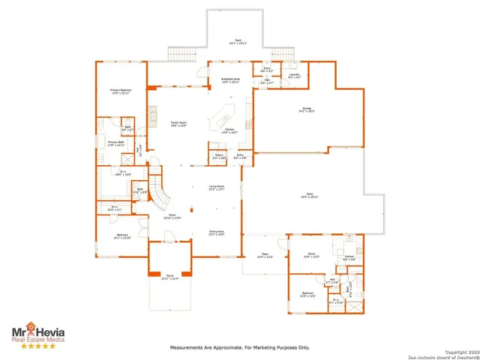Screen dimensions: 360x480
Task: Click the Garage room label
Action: tap(305, 110)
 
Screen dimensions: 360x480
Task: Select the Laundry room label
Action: tap(295, 75)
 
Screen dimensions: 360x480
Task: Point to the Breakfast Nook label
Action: tap(230, 79)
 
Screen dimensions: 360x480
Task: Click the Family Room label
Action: tap(178, 124)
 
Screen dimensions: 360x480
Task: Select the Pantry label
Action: tap(218, 157)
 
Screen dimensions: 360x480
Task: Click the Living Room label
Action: tap(217, 188)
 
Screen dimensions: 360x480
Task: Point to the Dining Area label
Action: tap(216, 233)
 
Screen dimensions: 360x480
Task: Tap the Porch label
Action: tap(171, 277)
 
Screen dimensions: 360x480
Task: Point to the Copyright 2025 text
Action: tap(460, 350)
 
